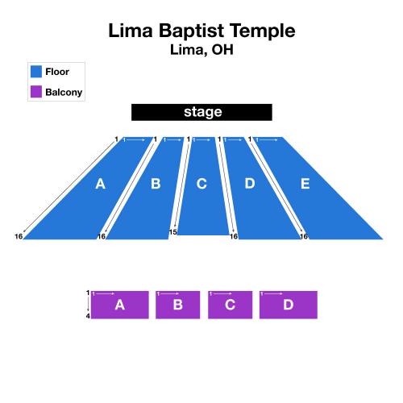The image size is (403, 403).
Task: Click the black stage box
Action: click(x=201, y=112)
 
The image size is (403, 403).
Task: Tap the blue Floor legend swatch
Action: click(x=36, y=72)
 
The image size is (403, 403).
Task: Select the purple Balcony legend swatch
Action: click(x=36, y=91)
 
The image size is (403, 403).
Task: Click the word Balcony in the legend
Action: click(x=64, y=92)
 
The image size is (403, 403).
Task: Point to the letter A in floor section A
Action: click(x=100, y=184)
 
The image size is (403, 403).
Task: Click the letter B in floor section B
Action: click(x=156, y=184)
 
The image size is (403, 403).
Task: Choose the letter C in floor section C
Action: click(x=201, y=184)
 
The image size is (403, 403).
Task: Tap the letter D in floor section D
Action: click(x=250, y=183)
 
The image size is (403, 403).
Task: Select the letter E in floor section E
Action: click(x=305, y=184)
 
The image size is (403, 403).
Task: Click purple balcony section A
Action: click(x=120, y=305)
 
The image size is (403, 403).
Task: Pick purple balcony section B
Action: click(x=178, y=305)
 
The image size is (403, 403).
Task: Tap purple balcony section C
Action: click(x=231, y=305)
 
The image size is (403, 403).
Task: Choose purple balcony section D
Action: click(x=289, y=305)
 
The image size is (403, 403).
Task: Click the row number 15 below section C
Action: click(x=172, y=232)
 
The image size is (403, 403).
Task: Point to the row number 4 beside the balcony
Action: click(x=88, y=316)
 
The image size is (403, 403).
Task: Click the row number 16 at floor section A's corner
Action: click(x=19, y=236)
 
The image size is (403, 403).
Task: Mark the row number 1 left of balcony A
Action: click(x=88, y=293)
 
